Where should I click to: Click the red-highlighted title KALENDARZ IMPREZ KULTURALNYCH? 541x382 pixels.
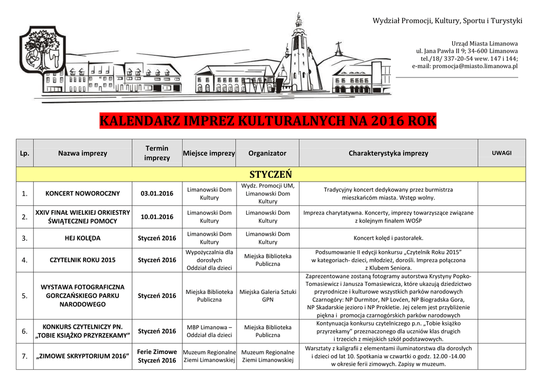pos(268,122)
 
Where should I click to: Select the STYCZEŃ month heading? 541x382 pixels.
pos(270,175)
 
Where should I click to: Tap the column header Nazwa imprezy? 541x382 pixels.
pos(82,153)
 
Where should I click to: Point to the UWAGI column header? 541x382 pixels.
pos(501,153)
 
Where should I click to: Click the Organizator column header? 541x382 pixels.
pos(267,153)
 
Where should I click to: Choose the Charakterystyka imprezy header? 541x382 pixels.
pos(388,153)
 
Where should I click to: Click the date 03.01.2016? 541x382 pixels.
pos(157,194)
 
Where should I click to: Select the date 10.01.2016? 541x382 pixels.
pos(157,217)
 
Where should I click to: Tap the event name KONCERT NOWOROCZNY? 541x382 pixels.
pos(82,194)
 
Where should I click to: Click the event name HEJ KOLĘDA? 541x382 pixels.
pos(82,238)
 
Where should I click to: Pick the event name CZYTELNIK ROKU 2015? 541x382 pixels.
pos(82,260)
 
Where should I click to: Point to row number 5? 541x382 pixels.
pos(24,295)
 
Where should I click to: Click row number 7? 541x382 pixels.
pos(24,356)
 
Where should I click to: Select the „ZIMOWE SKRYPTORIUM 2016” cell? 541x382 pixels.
pos(82,356)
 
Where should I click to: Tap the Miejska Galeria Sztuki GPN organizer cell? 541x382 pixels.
pos(267,295)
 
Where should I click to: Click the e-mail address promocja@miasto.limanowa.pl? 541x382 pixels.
pos(464,66)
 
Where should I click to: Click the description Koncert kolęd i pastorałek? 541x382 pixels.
pos(388,238)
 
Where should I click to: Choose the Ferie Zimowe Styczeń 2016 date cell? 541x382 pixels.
pos(157,356)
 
